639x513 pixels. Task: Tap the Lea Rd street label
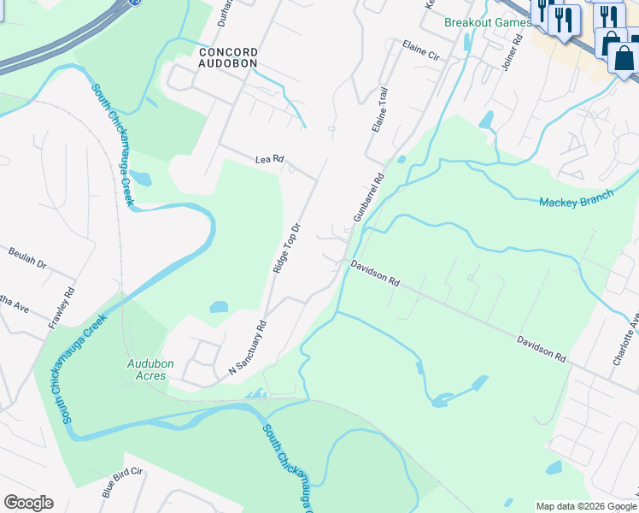(268, 159)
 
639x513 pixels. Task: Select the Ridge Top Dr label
(287, 248)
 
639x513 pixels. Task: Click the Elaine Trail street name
(380, 109)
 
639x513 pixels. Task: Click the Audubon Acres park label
(150, 369)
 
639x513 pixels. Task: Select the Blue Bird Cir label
(121, 483)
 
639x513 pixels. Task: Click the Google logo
(28, 503)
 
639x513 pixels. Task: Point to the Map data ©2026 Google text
(586, 506)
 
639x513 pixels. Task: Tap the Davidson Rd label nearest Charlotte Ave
(541, 347)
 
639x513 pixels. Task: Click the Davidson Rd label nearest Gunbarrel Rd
(375, 274)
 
